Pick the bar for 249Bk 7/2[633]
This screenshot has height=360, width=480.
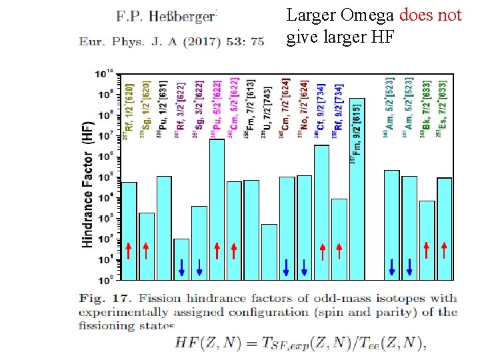coord(427,240)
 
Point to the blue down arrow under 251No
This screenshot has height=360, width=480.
coord(304,267)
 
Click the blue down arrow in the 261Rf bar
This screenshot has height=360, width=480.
coord(181,267)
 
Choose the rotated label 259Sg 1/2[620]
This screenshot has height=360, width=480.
coord(146,110)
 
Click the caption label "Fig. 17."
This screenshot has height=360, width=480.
coord(99,298)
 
